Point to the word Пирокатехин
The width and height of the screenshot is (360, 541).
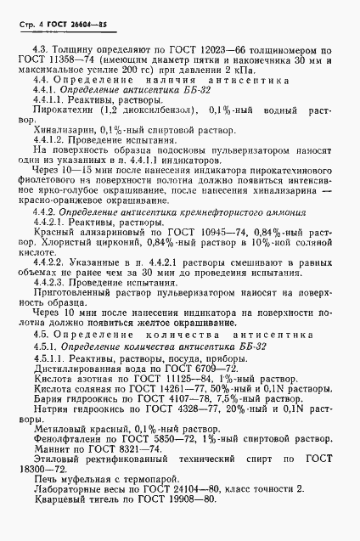(x=60, y=133)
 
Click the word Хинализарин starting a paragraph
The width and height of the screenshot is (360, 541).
(x=59, y=157)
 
